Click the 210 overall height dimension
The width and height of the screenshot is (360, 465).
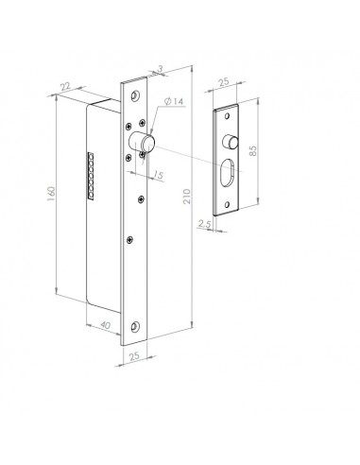[187, 197]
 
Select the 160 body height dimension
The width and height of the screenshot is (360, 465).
[51, 194]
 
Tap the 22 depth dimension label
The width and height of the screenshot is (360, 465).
[65, 86]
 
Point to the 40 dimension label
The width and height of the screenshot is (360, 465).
[105, 324]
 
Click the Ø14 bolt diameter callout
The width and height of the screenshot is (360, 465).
[174, 101]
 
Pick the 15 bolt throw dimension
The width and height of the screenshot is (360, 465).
[159, 174]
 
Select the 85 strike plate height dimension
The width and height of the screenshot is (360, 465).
[252, 150]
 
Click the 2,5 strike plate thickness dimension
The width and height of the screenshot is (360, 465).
[204, 223]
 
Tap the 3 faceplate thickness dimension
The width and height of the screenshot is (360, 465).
[161, 69]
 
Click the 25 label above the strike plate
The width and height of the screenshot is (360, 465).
[223, 82]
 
